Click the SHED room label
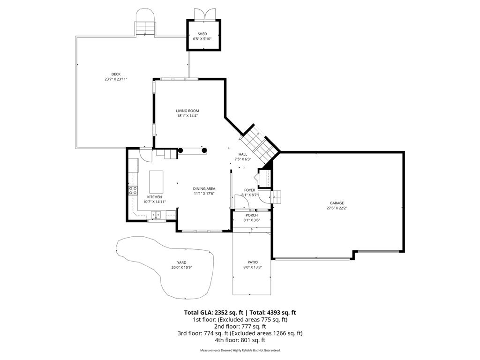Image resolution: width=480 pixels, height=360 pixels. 202,34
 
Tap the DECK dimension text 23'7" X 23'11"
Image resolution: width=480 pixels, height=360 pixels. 116,79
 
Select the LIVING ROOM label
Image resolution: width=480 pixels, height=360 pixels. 187,111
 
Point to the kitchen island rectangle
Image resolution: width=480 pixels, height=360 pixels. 156,182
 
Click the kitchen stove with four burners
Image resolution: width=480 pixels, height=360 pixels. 133,190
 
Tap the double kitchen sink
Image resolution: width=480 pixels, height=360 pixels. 156,215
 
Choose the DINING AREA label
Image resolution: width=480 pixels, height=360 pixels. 204,188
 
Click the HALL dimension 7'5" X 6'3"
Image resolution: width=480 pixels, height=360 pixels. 243,159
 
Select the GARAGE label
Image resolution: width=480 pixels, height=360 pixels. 337,203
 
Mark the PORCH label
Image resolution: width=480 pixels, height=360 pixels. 252,215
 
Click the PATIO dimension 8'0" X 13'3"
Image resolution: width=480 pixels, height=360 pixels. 253,267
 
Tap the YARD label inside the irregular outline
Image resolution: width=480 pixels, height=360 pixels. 181,262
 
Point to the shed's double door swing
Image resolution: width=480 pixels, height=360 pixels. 204,14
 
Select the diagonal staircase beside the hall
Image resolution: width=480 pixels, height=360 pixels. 259,144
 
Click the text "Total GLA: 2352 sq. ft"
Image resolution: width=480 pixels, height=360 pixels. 213,313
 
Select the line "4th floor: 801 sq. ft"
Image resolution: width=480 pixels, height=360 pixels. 240,340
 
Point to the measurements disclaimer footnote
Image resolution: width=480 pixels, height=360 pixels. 240,350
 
